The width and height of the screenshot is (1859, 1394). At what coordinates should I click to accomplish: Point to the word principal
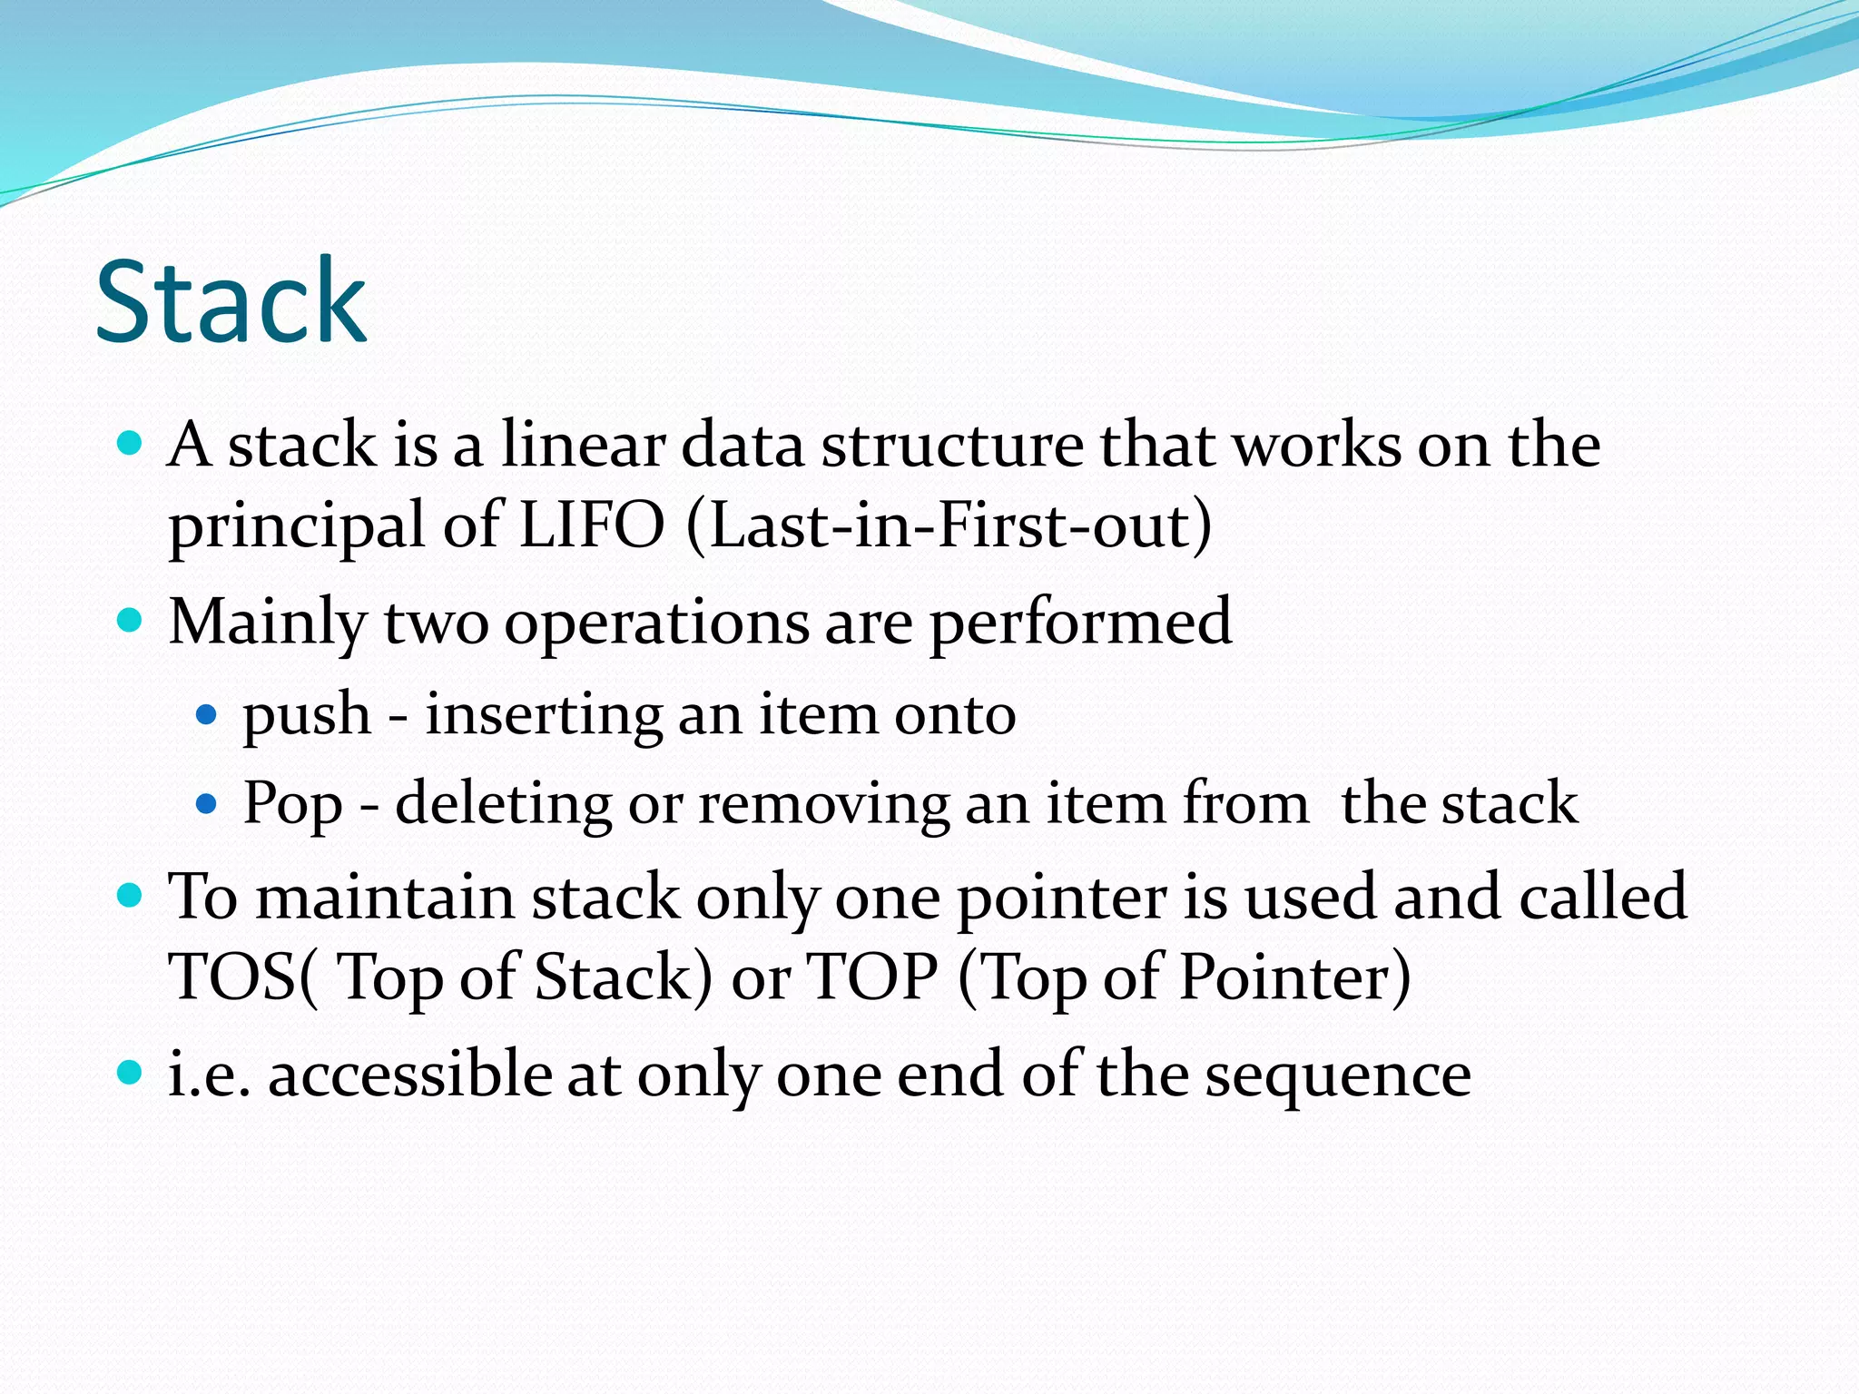296,526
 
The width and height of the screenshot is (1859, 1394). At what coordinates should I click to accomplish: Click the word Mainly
268,623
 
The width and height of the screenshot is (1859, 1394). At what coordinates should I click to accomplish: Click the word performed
1080,623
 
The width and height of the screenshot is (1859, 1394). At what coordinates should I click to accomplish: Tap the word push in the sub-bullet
307,715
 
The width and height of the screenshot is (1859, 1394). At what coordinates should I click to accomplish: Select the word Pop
292,804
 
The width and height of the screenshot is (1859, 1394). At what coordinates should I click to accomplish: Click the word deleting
504,802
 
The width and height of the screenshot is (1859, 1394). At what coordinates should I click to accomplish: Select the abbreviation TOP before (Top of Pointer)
871,977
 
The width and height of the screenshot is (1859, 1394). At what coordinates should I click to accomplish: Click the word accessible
409,1075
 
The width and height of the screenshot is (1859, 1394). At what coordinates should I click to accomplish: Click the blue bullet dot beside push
207,715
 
